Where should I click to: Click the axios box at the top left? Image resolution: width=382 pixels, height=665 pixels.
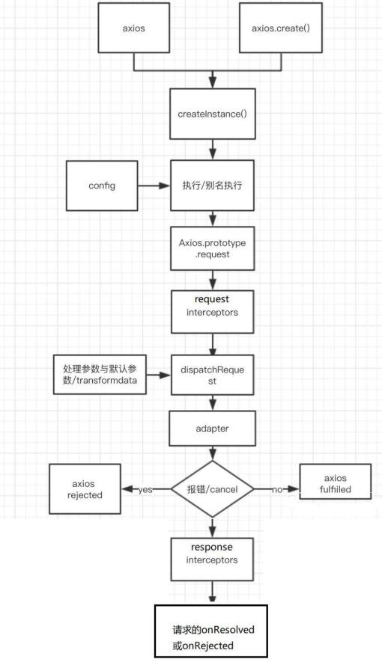click(133, 28)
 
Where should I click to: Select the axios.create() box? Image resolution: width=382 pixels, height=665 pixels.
click(281, 28)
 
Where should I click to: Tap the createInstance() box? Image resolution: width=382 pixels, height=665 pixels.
click(212, 114)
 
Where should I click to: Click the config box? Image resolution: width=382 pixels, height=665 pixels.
click(102, 186)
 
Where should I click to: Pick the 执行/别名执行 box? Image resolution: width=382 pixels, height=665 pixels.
click(212, 186)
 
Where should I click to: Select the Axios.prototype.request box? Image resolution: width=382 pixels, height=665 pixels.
click(212, 248)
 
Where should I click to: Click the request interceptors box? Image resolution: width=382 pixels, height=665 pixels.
click(212, 311)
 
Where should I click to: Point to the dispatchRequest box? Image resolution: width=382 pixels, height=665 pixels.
click(212, 375)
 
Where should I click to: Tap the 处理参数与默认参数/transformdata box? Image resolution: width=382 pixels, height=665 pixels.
click(100, 375)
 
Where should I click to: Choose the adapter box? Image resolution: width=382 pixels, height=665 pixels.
click(212, 428)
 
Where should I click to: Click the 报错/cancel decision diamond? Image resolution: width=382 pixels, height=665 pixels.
click(212, 489)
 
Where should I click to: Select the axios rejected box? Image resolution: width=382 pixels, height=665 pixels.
click(85, 489)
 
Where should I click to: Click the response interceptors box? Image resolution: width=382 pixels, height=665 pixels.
click(212, 560)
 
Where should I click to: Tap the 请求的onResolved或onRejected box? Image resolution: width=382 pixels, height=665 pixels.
click(211, 631)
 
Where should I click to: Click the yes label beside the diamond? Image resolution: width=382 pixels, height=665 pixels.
click(145, 489)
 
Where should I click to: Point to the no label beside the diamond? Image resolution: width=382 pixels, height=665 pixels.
click(277, 489)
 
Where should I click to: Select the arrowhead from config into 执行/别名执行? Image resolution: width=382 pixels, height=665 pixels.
click(165, 186)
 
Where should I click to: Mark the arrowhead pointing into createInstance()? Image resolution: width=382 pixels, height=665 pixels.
click(212, 84)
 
